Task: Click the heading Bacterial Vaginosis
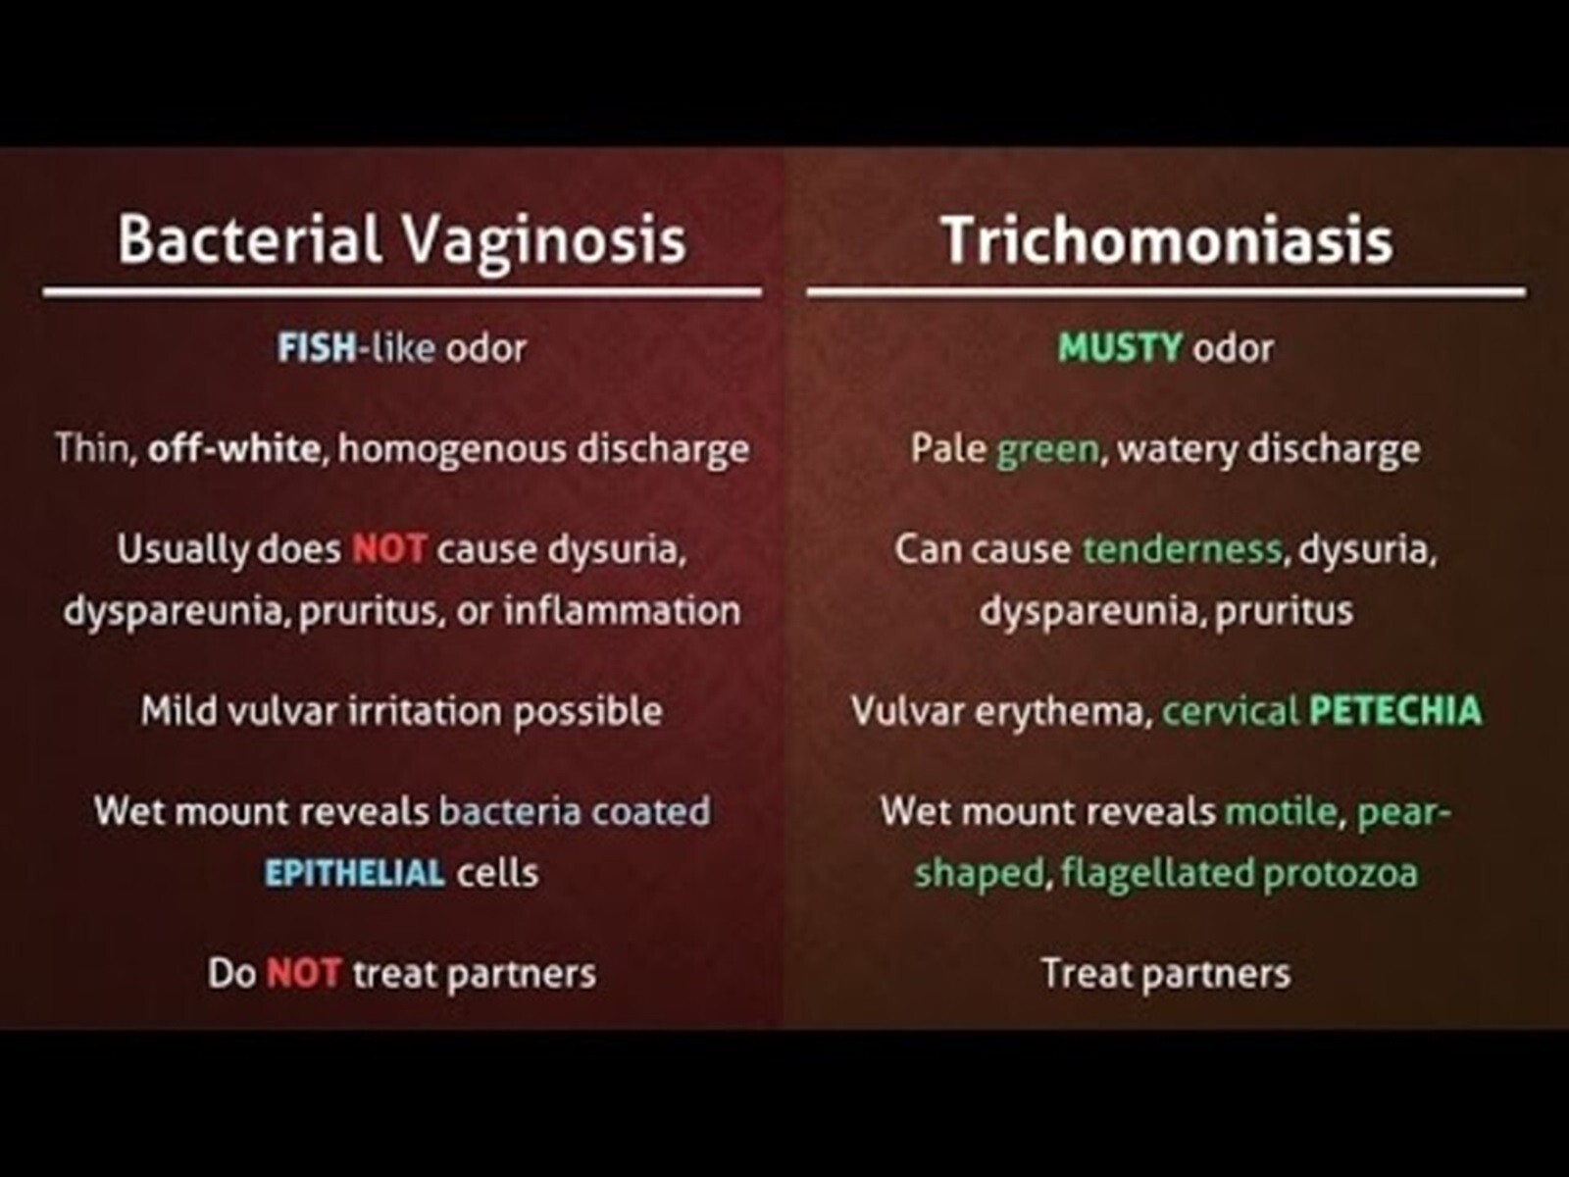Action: point(402,241)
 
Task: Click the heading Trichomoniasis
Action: point(1167,240)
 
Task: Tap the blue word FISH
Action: point(317,348)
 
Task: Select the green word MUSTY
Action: point(1120,348)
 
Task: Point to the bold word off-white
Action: point(233,449)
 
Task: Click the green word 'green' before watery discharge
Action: point(1048,450)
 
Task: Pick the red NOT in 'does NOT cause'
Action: point(389,549)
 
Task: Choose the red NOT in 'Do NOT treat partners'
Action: point(303,973)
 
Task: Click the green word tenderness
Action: point(1183,549)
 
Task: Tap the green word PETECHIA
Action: point(1395,710)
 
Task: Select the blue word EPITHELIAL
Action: point(355,873)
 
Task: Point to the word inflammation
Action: point(623,610)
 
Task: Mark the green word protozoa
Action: point(1341,874)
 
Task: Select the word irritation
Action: point(425,710)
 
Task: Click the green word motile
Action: point(1282,811)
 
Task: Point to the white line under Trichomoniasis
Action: point(1166,291)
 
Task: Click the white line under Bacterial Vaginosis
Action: point(402,291)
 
